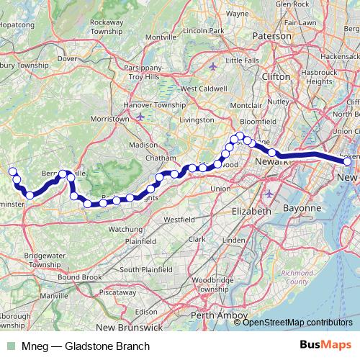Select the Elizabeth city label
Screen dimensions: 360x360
tap(252, 212)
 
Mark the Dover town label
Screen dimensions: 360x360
tap(67, 59)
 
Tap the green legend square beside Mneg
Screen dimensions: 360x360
tap(11, 346)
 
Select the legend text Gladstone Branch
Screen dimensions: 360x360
tap(107, 346)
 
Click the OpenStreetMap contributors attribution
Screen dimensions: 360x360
tap(297, 322)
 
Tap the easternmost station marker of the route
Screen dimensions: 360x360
tap(348, 163)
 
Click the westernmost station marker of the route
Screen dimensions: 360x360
tap(12, 171)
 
